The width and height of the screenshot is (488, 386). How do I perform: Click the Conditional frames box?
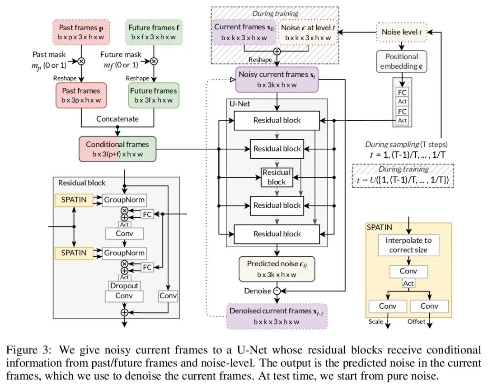coord(117,148)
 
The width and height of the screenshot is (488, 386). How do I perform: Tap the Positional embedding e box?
coord(402,61)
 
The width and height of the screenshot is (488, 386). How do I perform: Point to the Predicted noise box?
coord(277,268)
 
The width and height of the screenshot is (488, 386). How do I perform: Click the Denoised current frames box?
coord(277,315)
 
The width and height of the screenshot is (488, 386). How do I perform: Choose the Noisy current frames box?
coord(277,80)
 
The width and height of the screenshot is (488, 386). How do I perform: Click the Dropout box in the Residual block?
coord(124,286)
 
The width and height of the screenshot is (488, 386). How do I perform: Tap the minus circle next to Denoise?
coord(277,291)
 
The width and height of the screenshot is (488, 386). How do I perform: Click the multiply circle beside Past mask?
coord(81,61)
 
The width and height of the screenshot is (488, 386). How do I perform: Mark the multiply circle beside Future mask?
coord(154,61)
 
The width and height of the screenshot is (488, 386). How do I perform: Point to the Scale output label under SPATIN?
coord(375,322)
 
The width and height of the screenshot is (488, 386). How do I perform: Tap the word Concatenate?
coord(117,119)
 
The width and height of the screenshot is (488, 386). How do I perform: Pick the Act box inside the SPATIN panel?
coord(408,283)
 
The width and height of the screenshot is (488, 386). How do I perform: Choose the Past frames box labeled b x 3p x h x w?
coord(82,95)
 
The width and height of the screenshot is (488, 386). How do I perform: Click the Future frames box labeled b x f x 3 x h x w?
coord(154,32)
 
